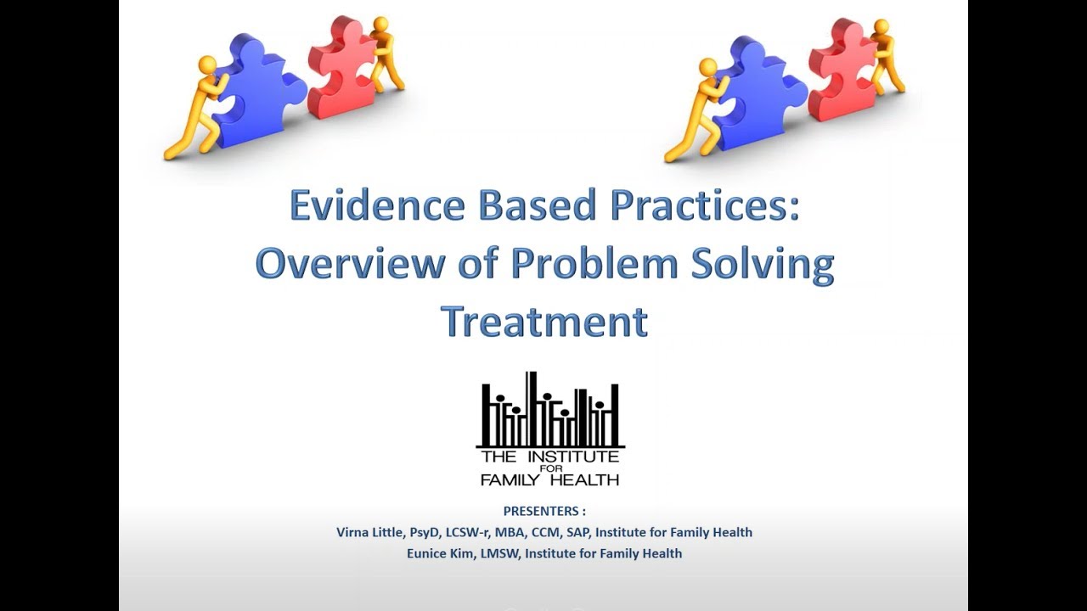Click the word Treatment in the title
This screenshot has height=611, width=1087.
click(x=544, y=321)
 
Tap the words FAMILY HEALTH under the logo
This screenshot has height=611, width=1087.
click(x=549, y=479)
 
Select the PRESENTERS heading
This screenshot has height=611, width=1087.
click(x=544, y=511)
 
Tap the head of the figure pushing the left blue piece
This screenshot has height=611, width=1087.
click(x=206, y=65)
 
